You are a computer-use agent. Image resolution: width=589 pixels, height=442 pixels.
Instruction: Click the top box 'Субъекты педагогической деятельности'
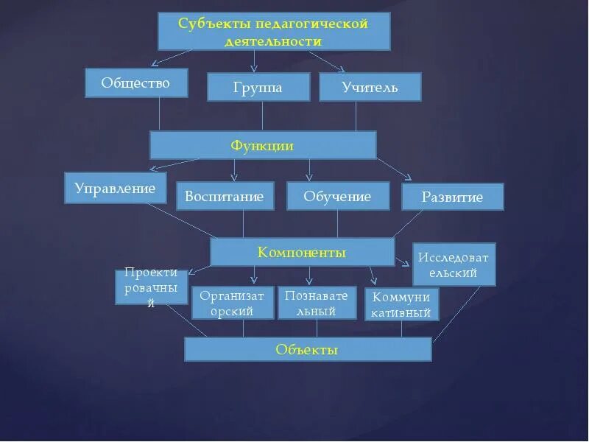point(274,32)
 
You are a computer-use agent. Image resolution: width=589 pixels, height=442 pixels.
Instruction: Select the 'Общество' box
point(136,83)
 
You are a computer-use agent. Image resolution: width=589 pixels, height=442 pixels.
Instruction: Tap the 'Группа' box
point(257,87)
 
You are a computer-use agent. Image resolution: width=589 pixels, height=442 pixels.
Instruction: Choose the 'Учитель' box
point(370,87)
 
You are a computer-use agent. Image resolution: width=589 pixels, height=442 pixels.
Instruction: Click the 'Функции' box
point(263,145)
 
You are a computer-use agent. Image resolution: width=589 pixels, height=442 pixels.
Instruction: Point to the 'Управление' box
point(116,188)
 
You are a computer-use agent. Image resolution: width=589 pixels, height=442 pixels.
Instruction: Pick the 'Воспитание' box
point(225,197)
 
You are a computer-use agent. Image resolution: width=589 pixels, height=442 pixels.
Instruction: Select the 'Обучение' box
point(337,196)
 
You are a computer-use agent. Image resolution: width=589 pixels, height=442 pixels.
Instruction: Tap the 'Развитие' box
point(452,197)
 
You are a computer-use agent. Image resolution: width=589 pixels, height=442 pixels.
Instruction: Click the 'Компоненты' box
point(302,252)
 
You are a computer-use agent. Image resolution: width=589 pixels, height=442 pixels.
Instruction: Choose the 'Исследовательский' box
point(454,264)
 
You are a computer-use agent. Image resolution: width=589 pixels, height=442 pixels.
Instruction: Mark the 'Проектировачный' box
point(152,287)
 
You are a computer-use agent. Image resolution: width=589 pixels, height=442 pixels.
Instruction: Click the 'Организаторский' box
point(233,303)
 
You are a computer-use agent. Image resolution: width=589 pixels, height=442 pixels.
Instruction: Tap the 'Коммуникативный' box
point(402,304)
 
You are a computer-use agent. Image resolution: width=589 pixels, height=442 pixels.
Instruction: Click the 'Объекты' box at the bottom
point(307,349)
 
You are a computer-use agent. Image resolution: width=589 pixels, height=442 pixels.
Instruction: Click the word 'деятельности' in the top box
point(274,41)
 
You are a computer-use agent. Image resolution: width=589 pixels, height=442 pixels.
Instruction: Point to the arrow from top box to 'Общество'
point(172,57)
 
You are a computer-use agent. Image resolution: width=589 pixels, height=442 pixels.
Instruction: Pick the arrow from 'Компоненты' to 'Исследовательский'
point(403,260)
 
